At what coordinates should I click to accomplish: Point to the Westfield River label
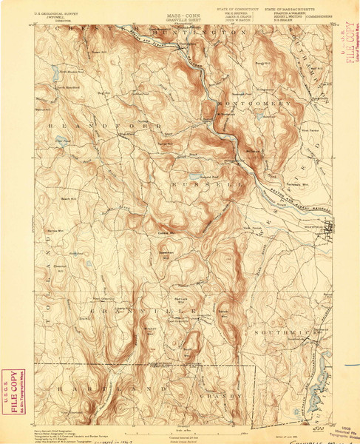tap(277, 194)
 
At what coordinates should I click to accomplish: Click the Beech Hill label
tap(69, 199)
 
